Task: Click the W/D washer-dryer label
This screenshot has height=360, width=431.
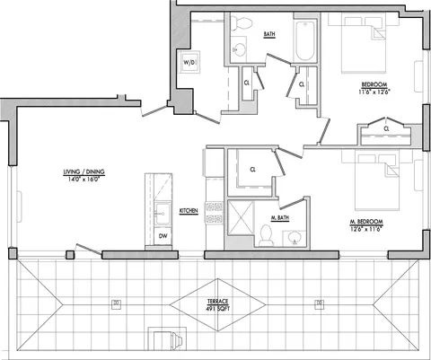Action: (x=189, y=63)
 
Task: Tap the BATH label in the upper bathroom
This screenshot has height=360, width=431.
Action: (x=269, y=34)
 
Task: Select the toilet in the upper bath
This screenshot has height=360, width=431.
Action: (x=241, y=23)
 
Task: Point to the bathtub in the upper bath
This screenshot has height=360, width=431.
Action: (x=305, y=40)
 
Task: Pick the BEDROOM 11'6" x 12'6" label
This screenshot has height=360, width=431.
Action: (x=374, y=88)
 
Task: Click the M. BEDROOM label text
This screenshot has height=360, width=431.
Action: (x=366, y=222)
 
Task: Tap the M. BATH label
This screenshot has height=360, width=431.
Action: (x=280, y=218)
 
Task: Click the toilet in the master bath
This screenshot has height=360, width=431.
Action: (x=266, y=235)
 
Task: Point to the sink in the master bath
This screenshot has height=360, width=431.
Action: (x=295, y=238)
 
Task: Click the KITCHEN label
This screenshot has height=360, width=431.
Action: (x=189, y=211)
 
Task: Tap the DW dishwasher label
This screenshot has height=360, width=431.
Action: (x=163, y=236)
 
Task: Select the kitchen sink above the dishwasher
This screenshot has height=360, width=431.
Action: (x=163, y=214)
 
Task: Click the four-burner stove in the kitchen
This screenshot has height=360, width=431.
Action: (x=215, y=213)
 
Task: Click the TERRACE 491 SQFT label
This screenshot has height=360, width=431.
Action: (x=218, y=305)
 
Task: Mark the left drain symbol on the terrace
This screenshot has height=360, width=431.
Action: (x=117, y=304)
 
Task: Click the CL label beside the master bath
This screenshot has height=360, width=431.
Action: (x=253, y=170)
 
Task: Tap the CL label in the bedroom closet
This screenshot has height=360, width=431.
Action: (x=387, y=129)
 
